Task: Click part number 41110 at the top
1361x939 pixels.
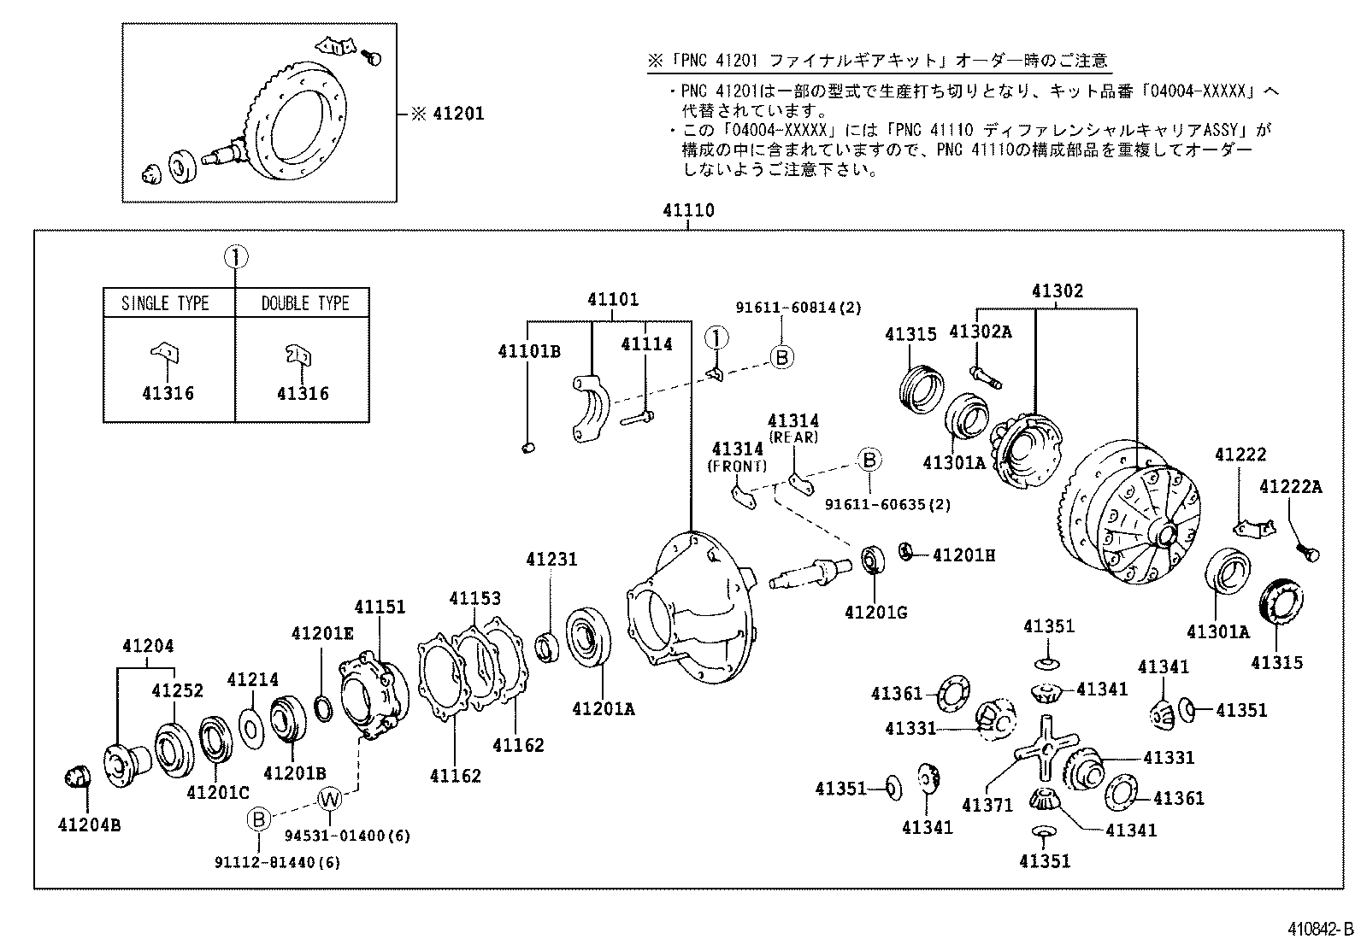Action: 688,210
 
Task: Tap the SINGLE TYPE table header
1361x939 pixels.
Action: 165,303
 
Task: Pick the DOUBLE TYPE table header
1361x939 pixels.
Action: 305,303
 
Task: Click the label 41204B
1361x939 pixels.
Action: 89,825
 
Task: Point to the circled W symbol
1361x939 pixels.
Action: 330,800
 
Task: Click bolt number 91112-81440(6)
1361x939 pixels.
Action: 277,863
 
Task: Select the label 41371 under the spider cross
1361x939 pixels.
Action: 987,805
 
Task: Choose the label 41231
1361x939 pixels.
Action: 551,560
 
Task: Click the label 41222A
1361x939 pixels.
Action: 1290,487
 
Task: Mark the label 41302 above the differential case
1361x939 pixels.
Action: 1058,291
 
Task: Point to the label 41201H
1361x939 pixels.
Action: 963,555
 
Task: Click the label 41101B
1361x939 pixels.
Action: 529,351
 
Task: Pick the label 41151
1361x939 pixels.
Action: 380,607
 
